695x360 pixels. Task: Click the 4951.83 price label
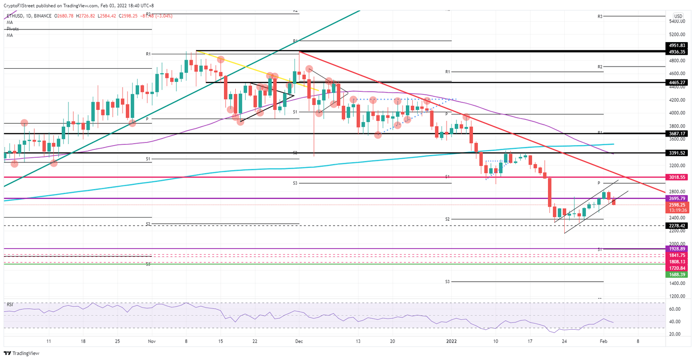[x=677, y=46]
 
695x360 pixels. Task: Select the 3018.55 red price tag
[x=677, y=178]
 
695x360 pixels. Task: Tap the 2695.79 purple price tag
[x=677, y=199]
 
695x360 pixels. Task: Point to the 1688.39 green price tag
[x=677, y=275]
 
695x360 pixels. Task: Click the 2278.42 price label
[x=677, y=225]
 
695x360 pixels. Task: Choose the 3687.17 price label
[x=677, y=134]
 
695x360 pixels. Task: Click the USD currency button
[x=678, y=16]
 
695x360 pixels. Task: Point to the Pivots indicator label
[x=13, y=29]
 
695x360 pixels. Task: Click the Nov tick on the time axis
[x=151, y=341]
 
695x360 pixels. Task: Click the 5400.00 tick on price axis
[x=677, y=21]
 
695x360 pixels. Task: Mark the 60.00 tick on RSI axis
[x=675, y=309]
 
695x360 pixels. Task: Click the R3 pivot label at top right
[x=600, y=16]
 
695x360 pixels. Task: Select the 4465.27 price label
[x=677, y=83]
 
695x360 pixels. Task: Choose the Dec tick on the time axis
[x=299, y=341]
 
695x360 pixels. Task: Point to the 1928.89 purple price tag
[x=677, y=249]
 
